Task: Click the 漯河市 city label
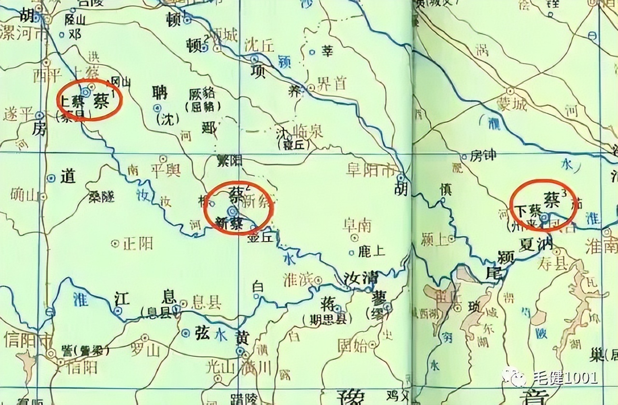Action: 24,35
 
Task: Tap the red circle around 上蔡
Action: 89,100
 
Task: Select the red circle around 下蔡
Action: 543,202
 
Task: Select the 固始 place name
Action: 351,344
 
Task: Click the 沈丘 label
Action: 259,45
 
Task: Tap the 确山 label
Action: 24,195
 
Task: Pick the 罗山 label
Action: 144,351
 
